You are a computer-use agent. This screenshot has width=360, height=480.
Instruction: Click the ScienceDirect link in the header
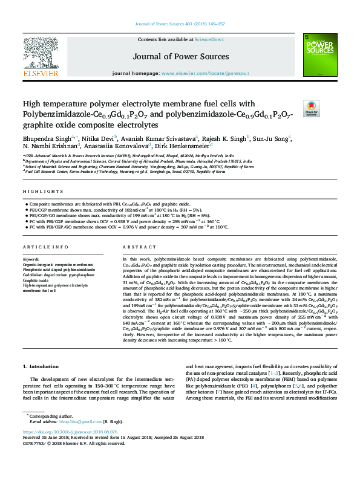click(x=209, y=39)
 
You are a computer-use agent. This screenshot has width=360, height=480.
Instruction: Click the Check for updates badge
click(x=311, y=108)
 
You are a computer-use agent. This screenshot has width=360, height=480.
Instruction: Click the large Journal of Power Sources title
click(x=180, y=56)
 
